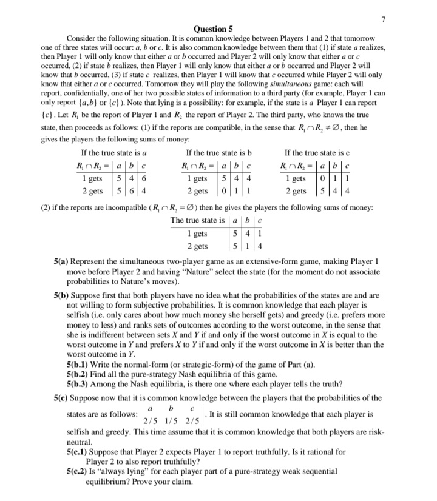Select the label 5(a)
(63, 261)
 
